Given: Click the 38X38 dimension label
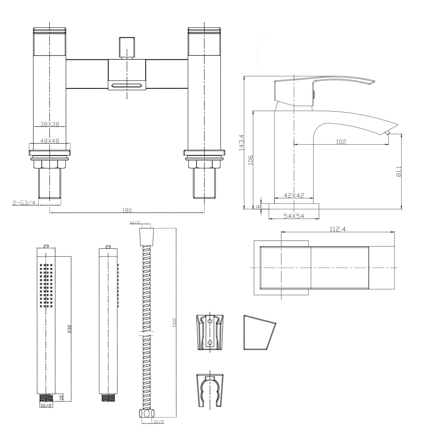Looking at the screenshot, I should (x=49, y=124).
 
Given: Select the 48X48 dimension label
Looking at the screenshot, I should (x=49, y=141).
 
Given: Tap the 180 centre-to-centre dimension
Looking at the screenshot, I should (x=127, y=210).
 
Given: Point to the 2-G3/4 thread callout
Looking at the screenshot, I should (x=24, y=203).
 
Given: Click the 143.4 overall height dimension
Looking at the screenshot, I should (x=242, y=142).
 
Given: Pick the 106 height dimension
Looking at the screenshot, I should (x=250, y=160).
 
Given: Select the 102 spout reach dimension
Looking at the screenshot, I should (x=341, y=142).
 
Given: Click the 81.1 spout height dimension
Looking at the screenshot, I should (x=399, y=172).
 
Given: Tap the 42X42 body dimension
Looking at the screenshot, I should (x=294, y=195).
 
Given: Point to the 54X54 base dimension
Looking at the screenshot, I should (x=294, y=216).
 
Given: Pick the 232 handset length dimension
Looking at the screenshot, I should (x=69, y=329).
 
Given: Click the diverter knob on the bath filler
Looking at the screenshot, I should (x=127, y=47).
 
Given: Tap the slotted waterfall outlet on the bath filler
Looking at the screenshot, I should (x=127, y=85).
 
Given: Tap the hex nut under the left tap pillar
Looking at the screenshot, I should (x=50, y=164).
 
